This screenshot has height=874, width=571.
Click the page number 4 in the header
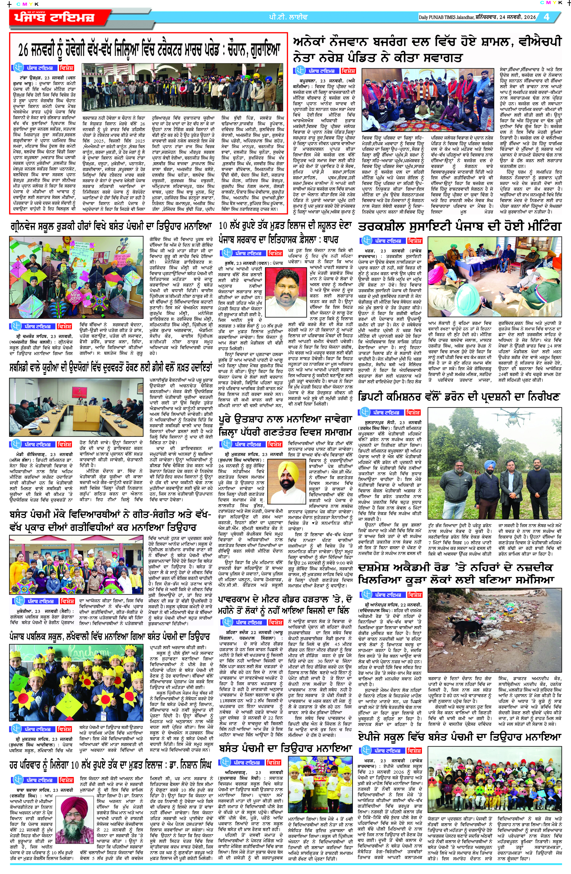(x=547, y=17)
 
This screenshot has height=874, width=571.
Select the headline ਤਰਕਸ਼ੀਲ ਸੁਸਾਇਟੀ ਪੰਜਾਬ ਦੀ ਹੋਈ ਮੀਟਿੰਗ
(x=459, y=226)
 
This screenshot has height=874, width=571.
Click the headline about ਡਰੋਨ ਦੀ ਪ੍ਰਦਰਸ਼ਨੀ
(x=459, y=397)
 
